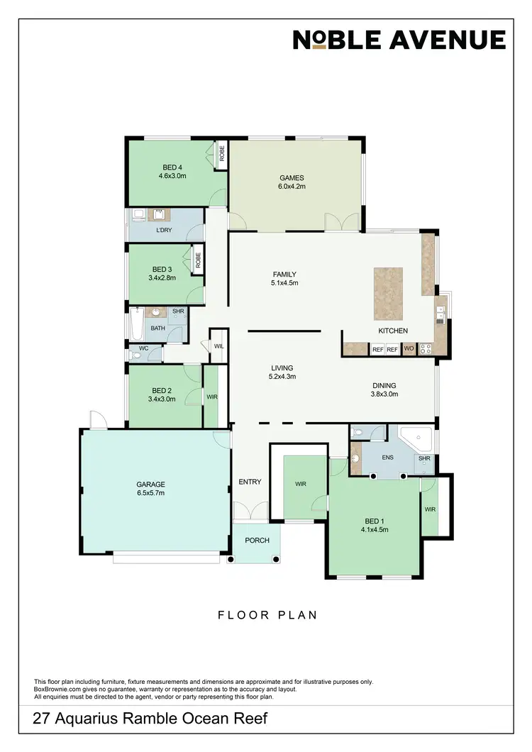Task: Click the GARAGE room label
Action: pyautogui.click(x=150, y=485)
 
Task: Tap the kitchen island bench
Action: pyautogui.click(x=388, y=293)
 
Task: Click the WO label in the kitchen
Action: pyautogui.click(x=409, y=349)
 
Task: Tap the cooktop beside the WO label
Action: pyautogui.click(x=426, y=348)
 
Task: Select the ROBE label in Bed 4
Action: pyautogui.click(x=221, y=153)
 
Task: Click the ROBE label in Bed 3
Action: pyautogui.click(x=198, y=260)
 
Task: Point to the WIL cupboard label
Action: pyautogui.click(x=218, y=345)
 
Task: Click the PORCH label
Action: pyautogui.click(x=257, y=540)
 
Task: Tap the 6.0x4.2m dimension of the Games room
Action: pyautogui.click(x=292, y=187)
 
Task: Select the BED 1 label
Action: pyautogui.click(x=374, y=519)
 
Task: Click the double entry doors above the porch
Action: pyautogui.click(x=251, y=512)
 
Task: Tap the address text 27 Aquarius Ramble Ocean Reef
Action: pyautogui.click(x=150, y=719)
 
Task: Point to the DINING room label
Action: pyautogui.click(x=384, y=385)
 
